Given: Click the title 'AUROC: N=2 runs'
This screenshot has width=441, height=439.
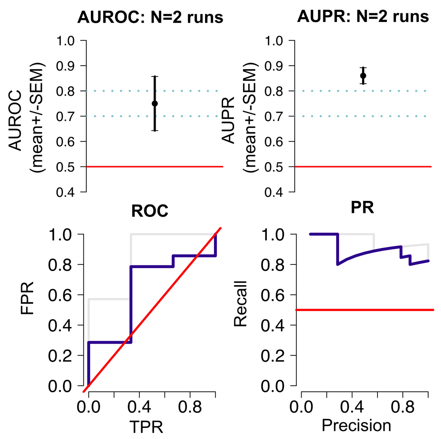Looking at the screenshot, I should click(x=150, y=18).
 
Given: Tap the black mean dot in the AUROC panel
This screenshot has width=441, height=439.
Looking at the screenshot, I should click(x=155, y=104).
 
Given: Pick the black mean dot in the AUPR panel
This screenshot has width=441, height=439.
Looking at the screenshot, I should click(x=363, y=75).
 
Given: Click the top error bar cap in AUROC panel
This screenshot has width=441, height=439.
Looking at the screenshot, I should click(x=155, y=76).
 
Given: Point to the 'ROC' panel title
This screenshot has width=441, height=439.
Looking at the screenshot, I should click(x=150, y=212).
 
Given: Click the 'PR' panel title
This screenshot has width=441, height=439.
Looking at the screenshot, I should click(x=363, y=208).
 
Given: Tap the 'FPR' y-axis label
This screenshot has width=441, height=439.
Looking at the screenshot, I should click(x=27, y=310).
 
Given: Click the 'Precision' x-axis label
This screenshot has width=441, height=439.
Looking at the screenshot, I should click(x=356, y=426).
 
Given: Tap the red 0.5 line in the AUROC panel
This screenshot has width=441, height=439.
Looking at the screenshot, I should click(x=154, y=167).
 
